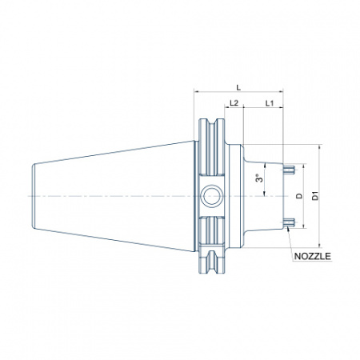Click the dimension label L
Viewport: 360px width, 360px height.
238,87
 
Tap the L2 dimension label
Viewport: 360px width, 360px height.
234,103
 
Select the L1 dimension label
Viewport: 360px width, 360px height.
270,103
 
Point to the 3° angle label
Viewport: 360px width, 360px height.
258,178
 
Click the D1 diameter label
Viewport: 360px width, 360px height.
315,196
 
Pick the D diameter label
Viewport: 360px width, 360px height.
300,196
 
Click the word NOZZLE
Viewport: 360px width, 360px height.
312,256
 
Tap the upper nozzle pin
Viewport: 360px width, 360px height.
289,170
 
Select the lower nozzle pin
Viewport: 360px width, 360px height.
289,222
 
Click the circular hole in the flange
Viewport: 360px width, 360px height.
211,196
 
